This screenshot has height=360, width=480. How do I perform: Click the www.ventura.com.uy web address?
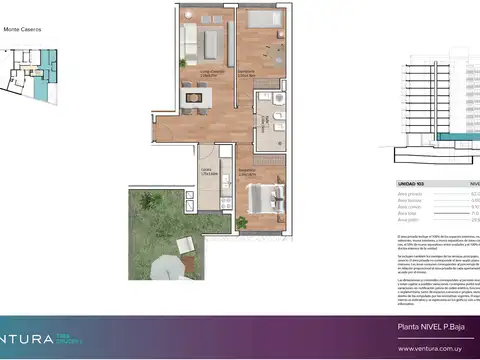point(429,348)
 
